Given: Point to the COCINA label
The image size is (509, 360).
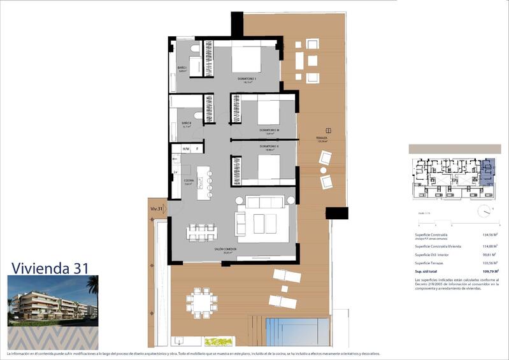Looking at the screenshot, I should (189, 181).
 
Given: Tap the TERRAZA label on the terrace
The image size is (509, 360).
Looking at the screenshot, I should (322, 138).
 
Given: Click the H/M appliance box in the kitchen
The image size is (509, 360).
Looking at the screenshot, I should (186, 149).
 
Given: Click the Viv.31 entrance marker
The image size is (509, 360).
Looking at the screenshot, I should (157, 208).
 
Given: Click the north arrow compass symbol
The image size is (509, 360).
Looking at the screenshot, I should (486, 211).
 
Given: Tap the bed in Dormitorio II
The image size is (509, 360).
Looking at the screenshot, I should (260, 167).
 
